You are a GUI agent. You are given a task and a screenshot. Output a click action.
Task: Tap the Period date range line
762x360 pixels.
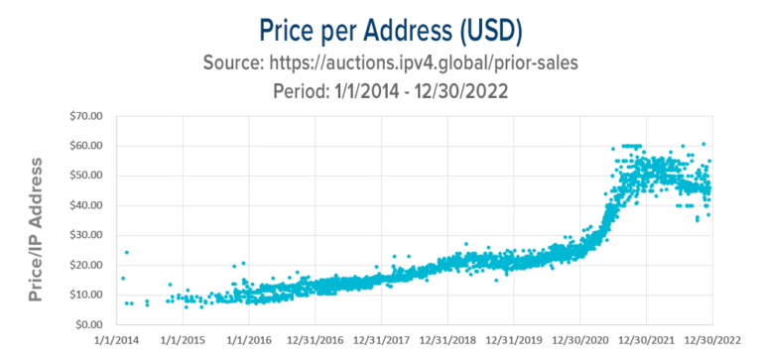[x=381, y=90]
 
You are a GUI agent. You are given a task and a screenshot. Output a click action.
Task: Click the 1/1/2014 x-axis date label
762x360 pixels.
[x=116, y=343]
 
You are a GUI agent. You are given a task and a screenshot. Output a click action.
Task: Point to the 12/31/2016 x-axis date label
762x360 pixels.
[x=315, y=343]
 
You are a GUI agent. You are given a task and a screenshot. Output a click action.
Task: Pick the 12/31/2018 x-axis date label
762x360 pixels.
[x=447, y=343]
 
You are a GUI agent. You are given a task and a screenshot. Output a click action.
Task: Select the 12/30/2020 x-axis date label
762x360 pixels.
[x=580, y=343]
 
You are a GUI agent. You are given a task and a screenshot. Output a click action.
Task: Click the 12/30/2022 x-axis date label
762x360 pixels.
[x=712, y=343]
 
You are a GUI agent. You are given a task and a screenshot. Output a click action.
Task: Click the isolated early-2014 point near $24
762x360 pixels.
[x=126, y=253]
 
